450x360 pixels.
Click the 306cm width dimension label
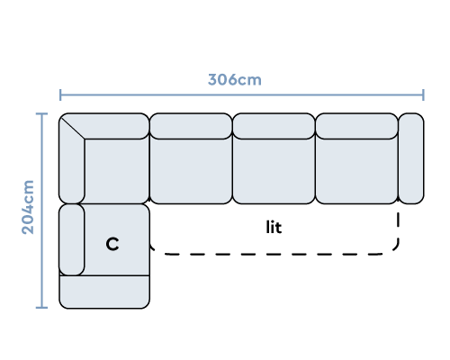point(235,80)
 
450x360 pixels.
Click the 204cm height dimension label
point(28,207)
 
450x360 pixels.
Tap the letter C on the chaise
point(112,244)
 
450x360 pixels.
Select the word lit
point(274,227)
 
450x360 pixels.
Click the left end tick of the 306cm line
point(60,94)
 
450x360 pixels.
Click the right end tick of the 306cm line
point(423,94)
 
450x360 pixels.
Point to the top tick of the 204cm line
point(41,113)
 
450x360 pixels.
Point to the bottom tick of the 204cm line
point(41,308)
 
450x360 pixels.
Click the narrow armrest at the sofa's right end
point(411,158)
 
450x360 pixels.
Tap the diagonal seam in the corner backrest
point(73,128)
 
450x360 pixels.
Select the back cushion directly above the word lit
point(274,126)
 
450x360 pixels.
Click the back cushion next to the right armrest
point(356,126)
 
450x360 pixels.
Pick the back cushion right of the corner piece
point(191,126)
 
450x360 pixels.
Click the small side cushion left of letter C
point(72,239)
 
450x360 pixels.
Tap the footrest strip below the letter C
point(104,292)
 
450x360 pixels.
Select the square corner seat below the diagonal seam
point(117,171)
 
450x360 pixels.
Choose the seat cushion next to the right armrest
point(356,171)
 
